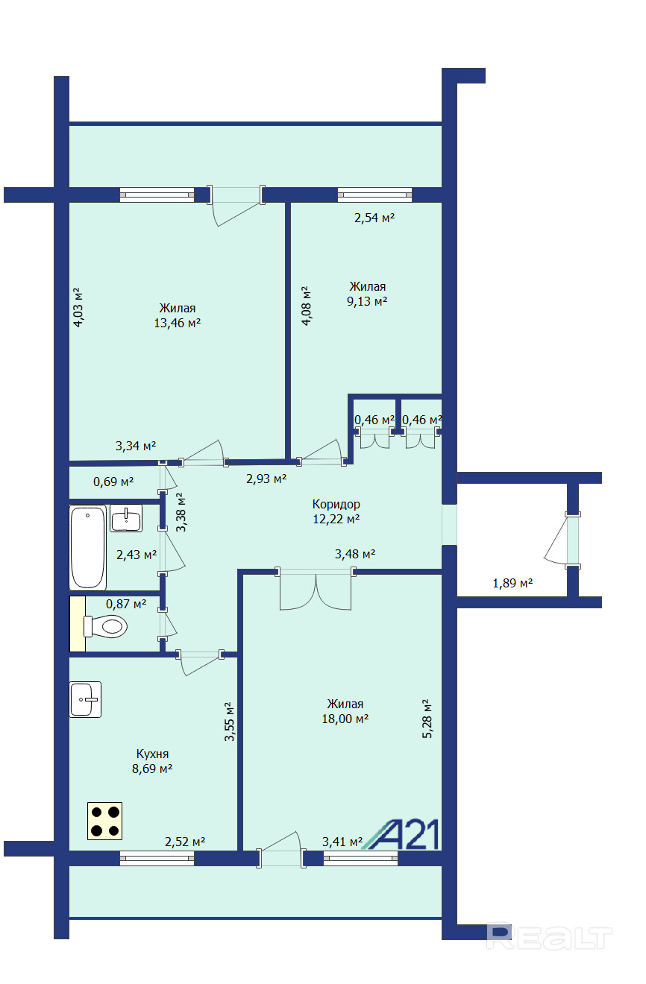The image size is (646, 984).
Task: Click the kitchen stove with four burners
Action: (104, 821)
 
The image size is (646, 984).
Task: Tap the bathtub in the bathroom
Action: (88, 547)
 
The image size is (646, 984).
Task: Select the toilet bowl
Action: (105, 625)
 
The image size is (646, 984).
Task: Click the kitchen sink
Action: (85, 699)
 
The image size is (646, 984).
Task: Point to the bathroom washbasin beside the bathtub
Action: (126, 518)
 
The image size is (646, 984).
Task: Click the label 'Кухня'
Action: (152, 754)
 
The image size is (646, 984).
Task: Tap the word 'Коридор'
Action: (336, 504)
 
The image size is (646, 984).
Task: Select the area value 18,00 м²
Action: (345, 719)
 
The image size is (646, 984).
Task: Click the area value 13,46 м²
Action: (177, 323)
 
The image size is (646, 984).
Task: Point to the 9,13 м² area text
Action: (367, 301)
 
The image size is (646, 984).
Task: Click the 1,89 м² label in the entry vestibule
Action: (512, 584)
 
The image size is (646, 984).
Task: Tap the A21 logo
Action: (401, 834)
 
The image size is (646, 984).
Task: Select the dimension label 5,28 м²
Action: (427, 719)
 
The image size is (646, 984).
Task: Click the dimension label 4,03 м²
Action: (78, 307)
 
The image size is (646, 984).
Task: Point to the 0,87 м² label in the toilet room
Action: (125, 604)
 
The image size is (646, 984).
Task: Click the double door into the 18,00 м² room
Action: (316, 590)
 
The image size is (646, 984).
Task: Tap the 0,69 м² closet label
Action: (113, 482)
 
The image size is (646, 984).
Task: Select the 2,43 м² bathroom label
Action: (137, 555)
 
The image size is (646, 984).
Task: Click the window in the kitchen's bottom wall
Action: (157, 858)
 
